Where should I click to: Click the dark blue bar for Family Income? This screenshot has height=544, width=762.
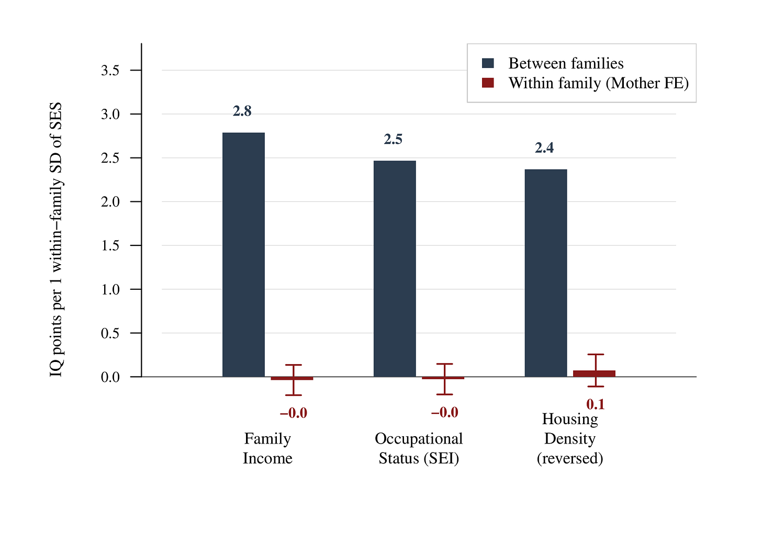pyautogui.click(x=243, y=255)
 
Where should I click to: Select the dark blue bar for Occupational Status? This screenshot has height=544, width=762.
pyautogui.click(x=395, y=269)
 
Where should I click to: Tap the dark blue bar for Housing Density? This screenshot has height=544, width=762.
pyautogui.click(x=546, y=273)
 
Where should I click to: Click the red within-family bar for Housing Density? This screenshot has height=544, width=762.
pyautogui.click(x=594, y=373)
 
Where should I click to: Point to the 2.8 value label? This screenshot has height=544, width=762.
pyautogui.click(x=242, y=111)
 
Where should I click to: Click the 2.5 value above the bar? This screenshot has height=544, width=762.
pyautogui.click(x=393, y=139)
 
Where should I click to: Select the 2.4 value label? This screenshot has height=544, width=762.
pyautogui.click(x=544, y=148)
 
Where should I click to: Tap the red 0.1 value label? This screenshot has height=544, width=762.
pyautogui.click(x=596, y=404)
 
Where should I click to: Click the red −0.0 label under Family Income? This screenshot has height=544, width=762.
pyautogui.click(x=293, y=413)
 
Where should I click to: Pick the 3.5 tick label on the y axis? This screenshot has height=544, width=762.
pyautogui.click(x=110, y=71)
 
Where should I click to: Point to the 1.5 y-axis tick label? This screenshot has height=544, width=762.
pyautogui.click(x=110, y=245)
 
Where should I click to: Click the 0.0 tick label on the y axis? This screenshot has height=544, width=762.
pyautogui.click(x=110, y=377)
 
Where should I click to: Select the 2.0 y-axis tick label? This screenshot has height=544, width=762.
pyautogui.click(x=110, y=202)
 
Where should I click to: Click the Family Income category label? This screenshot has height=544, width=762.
pyautogui.click(x=267, y=448)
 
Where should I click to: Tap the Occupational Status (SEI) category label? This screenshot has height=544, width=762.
pyautogui.click(x=419, y=448)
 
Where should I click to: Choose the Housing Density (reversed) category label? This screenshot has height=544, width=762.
pyautogui.click(x=570, y=438)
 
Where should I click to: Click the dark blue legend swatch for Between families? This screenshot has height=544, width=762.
pyautogui.click(x=488, y=63)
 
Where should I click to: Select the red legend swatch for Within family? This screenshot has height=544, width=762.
pyautogui.click(x=488, y=83)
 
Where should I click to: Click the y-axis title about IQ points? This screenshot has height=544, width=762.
pyautogui.click(x=56, y=240)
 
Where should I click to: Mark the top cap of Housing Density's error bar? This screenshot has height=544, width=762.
pyautogui.click(x=596, y=354)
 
